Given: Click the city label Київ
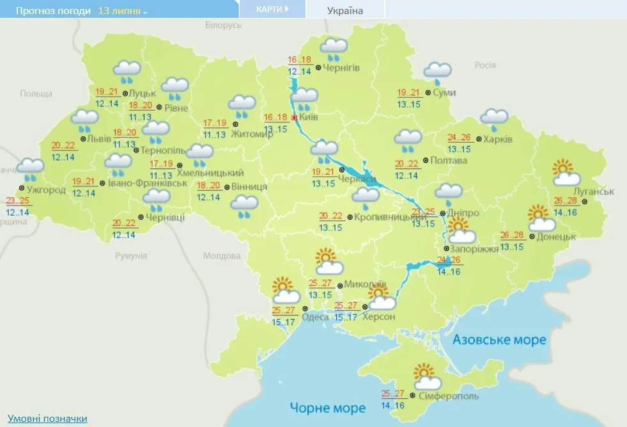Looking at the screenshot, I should [309, 118].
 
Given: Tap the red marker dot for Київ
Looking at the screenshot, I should [294, 118].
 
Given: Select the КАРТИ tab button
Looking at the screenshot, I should [272, 9].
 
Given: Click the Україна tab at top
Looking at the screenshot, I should [344, 10].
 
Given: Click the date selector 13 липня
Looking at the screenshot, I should [122, 11].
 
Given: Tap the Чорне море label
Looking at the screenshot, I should [328, 407].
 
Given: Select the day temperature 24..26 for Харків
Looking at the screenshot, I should [460, 137].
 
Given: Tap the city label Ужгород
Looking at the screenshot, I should [46, 189].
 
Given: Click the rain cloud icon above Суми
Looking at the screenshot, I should [437, 73].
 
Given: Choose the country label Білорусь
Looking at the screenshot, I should [223, 25].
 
